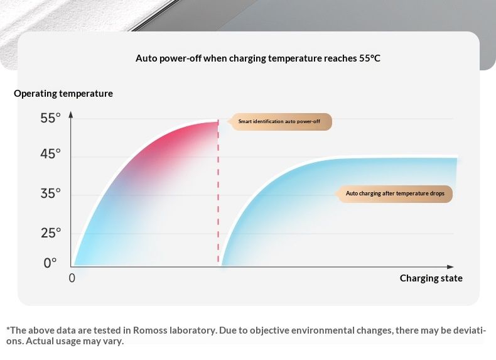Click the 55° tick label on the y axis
pyautogui.click(x=50, y=118)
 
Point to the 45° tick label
pyautogui.click(x=50, y=154)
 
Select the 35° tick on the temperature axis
pyautogui.click(x=50, y=194)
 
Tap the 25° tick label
pyautogui.click(x=50, y=233)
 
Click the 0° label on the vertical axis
pyautogui.click(x=50, y=263)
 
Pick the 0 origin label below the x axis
pyautogui.click(x=72, y=278)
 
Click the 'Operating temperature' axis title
pyautogui.click(x=63, y=94)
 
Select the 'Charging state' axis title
pyautogui.click(x=431, y=278)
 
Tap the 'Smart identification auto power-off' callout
pyautogui.click(x=281, y=122)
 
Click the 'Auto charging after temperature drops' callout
pyautogui.click(x=396, y=194)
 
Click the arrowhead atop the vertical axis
pyautogui.click(x=71, y=115)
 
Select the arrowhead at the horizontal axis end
pyautogui.click(x=450, y=266)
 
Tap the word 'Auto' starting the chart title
pyautogui.click(x=146, y=58)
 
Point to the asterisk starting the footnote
pyautogui.click(x=8, y=329)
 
